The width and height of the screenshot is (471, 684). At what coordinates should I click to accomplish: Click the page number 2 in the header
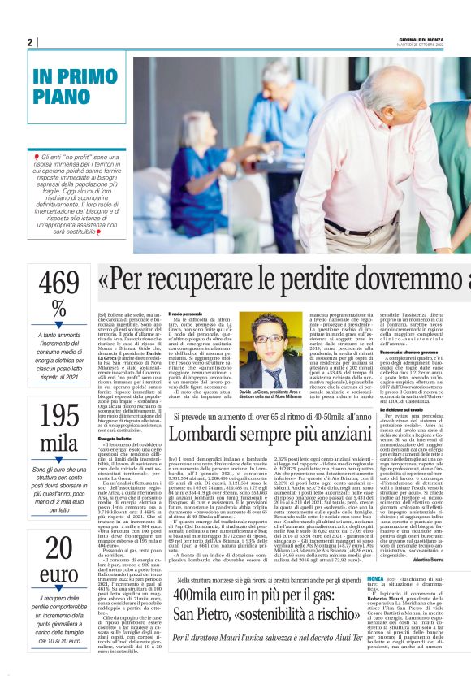coord(30,41)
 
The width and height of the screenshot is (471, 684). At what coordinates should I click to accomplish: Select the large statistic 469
coord(58,284)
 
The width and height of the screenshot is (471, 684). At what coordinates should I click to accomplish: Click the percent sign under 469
coord(58,309)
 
